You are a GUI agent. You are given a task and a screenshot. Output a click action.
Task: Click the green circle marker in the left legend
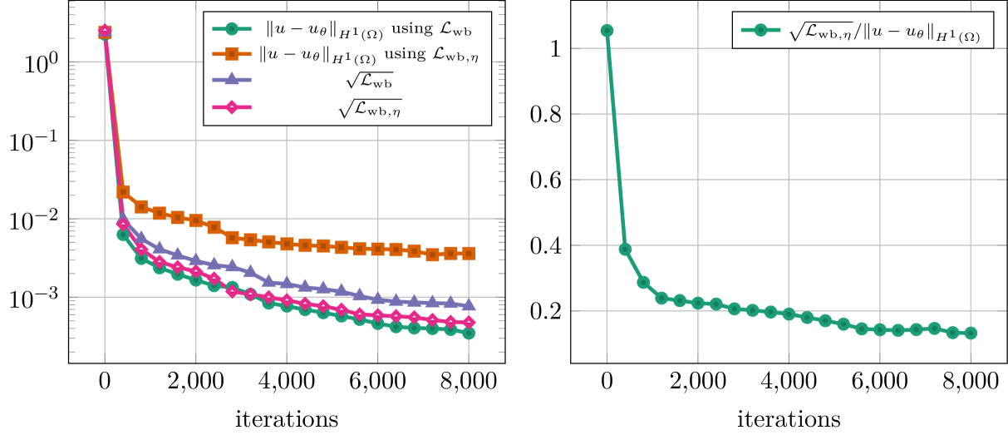232,29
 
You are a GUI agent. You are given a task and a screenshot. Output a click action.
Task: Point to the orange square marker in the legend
232,54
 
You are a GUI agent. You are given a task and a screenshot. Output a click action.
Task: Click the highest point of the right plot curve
607,31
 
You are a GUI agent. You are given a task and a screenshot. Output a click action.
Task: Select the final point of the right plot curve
971,333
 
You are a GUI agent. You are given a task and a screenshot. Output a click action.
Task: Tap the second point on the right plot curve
625,250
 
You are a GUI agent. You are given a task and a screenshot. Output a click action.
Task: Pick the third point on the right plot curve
643,283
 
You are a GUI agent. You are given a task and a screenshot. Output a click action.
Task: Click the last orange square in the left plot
470,253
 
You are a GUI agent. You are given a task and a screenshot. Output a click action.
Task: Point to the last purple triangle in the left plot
470,304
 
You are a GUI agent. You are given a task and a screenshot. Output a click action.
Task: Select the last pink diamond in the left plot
470,322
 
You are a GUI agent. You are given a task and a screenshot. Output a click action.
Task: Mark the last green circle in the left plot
470,334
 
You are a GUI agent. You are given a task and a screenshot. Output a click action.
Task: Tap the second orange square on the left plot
123,192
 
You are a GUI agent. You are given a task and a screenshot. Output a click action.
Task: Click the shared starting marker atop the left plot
105,32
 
